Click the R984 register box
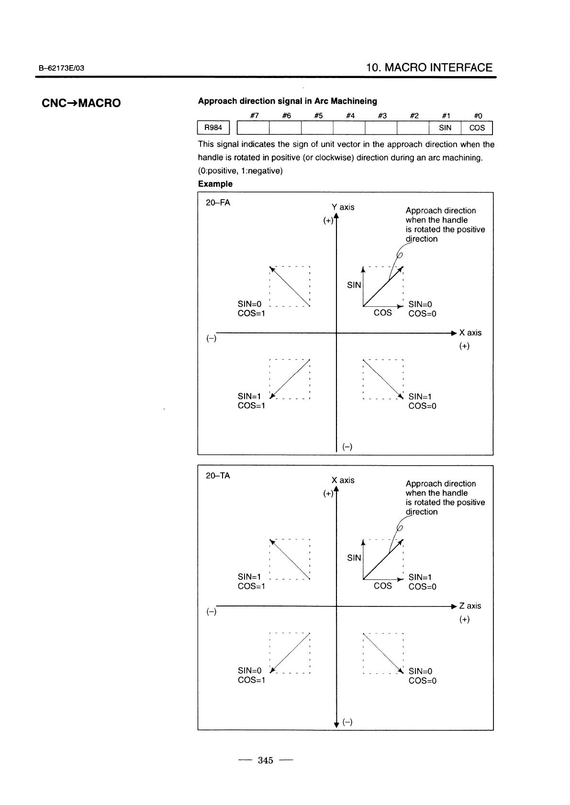[213, 128]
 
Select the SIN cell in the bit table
[445, 128]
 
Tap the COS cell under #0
[477, 128]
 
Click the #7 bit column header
[255, 115]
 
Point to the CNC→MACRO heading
[81, 103]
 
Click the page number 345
[265, 760]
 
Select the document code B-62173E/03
[61, 68]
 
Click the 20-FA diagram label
[218, 203]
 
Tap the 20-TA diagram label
[218, 476]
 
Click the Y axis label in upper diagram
[343, 207]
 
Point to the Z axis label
[470, 606]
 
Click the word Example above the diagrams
[215, 184]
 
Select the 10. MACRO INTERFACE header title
[429, 67]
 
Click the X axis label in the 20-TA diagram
[343, 480]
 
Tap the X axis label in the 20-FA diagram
[470, 333]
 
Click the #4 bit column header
[350, 115]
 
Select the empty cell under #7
[253, 128]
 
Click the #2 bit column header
[414, 115]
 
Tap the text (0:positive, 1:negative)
[240, 171]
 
